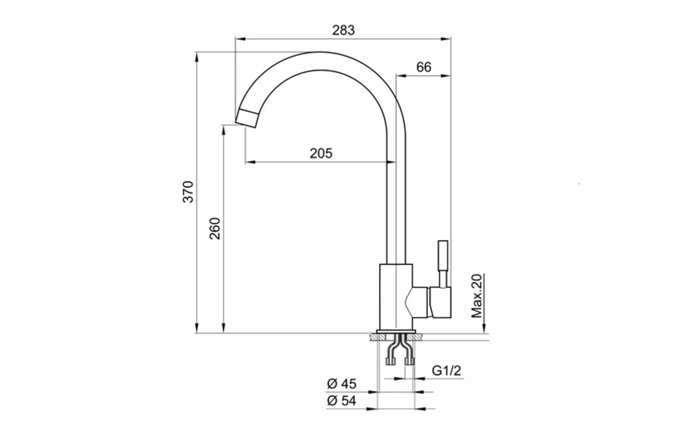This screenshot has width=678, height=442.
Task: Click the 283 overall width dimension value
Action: click(x=343, y=30)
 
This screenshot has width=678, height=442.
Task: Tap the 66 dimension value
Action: click(x=424, y=67)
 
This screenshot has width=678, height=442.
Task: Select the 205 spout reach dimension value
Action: click(x=321, y=153)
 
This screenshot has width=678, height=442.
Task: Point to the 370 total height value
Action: click(x=188, y=191)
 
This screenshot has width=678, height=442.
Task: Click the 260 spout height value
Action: click(x=215, y=228)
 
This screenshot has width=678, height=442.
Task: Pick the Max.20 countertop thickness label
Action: click(x=476, y=296)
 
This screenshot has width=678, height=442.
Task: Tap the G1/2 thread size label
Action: click(x=446, y=370)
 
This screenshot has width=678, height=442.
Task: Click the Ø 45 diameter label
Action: click(x=342, y=384)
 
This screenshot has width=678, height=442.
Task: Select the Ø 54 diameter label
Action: click(x=342, y=401)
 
